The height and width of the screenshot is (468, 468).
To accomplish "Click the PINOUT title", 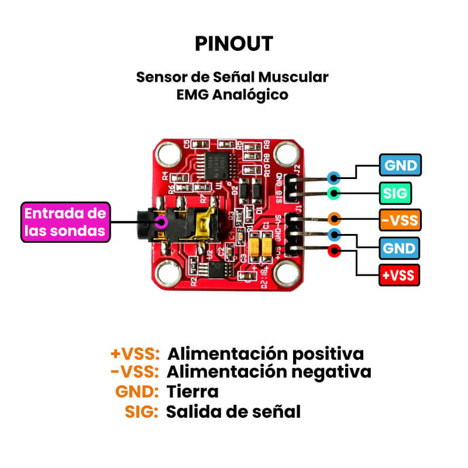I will click(234, 43).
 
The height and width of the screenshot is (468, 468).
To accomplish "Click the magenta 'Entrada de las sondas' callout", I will click(66, 222).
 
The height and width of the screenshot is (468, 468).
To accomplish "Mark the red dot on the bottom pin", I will click(334, 251).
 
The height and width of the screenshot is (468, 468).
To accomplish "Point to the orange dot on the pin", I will click(334, 219).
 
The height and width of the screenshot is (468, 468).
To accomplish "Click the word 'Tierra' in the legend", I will click(192, 391).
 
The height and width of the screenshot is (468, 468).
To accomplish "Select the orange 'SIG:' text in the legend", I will click(142, 411).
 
